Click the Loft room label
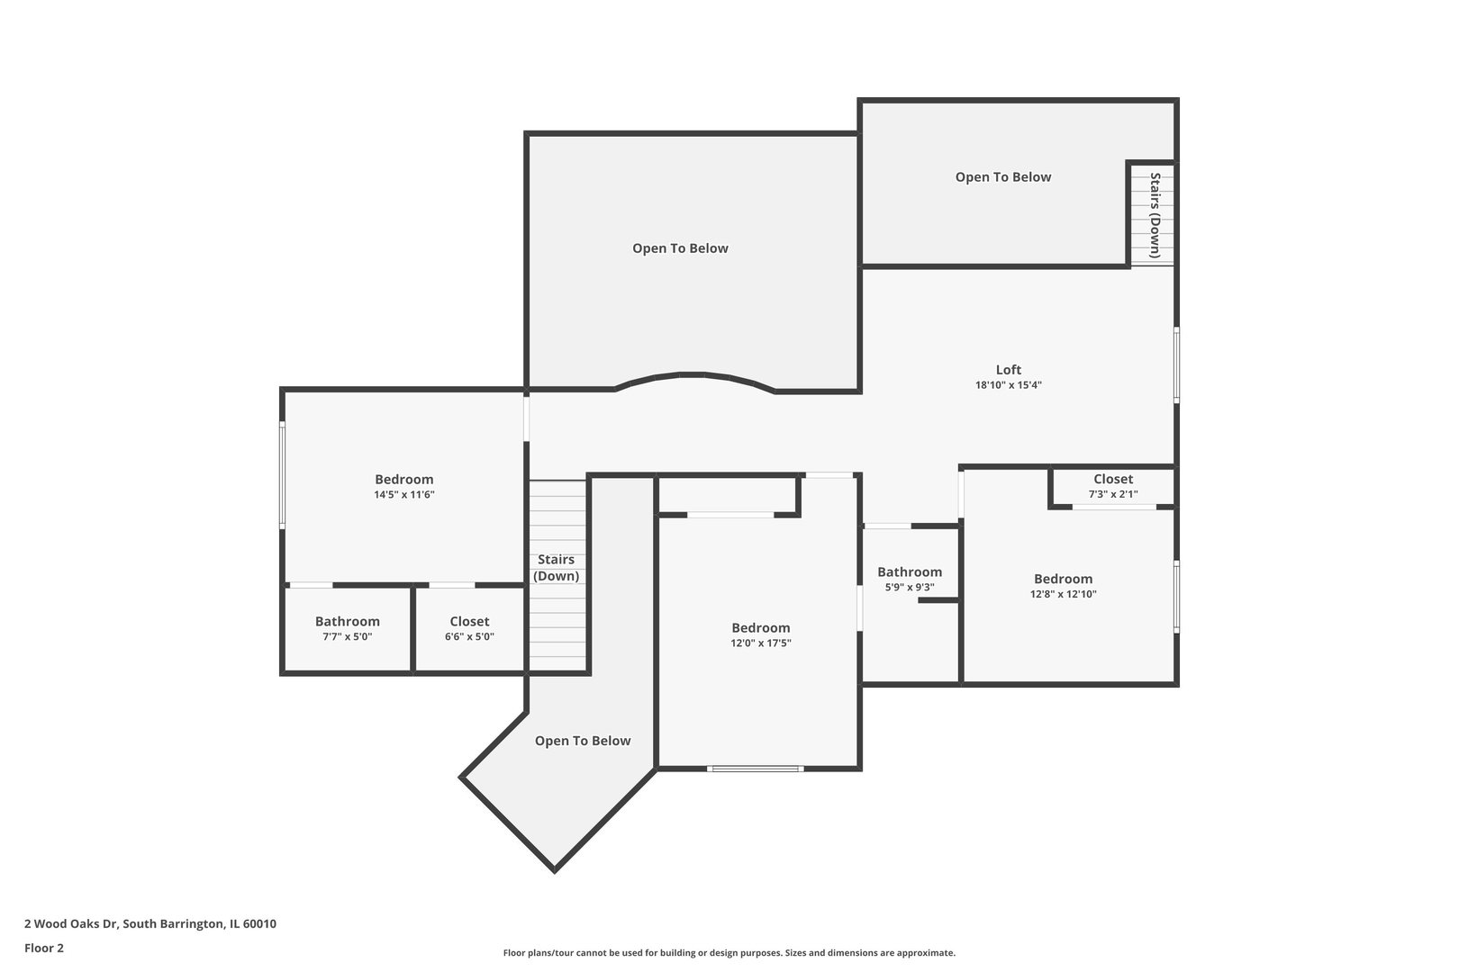(1009, 370)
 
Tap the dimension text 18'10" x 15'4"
(1009, 385)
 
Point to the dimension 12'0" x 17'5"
(761, 643)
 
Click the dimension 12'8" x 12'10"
(1063, 594)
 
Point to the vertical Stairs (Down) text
(1155, 215)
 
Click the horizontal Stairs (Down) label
(556, 568)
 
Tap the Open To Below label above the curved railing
(680, 248)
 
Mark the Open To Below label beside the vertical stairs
(1003, 177)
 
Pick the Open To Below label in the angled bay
(583, 741)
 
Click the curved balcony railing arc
(695, 374)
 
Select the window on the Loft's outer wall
(1176, 365)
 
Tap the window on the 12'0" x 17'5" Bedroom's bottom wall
(756, 769)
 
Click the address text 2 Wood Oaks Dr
(72, 923)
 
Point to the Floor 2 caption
(44, 948)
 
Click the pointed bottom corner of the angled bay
(554, 871)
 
